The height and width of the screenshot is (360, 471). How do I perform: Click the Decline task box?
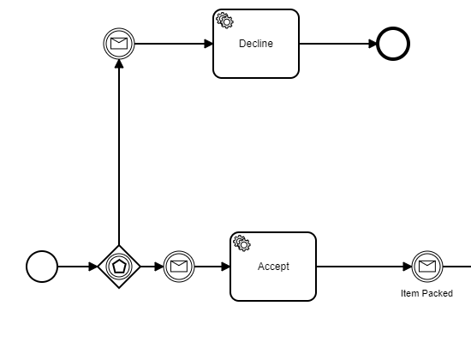[256, 44]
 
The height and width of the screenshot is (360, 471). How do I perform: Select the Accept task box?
[273, 267]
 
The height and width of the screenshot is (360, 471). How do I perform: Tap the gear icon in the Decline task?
[224, 21]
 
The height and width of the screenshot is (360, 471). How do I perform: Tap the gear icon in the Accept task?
[242, 243]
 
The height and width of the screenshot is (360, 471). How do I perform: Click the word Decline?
[256, 44]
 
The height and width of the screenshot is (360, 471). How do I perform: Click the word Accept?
[273, 267]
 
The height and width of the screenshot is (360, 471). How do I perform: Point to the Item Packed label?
[426, 293]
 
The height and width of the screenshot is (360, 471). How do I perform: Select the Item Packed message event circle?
[427, 267]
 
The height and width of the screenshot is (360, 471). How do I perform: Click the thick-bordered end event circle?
[393, 44]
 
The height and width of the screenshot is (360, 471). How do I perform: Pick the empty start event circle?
[42, 267]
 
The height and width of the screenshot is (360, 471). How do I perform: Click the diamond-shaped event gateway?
[119, 267]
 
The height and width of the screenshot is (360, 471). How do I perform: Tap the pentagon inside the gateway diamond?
[119, 267]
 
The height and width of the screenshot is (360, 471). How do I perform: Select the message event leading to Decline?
[119, 44]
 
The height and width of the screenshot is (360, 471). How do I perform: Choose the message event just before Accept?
[179, 267]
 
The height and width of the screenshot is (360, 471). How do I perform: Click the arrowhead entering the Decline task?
[208, 44]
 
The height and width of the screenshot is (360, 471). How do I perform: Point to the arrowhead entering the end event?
[373, 44]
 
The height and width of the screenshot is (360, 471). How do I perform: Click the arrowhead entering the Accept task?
[225, 267]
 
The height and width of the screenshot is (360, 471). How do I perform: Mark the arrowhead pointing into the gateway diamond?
[93, 267]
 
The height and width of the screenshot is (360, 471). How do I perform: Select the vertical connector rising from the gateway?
[119, 153]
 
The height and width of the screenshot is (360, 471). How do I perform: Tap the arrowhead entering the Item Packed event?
[408, 267]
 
